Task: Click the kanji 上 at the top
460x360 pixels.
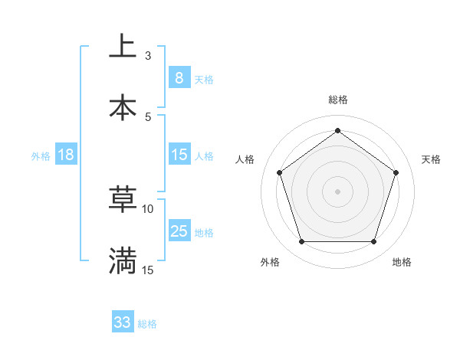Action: pos(123,47)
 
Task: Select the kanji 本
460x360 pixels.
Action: pos(123,107)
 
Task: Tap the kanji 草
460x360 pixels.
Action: pos(123,200)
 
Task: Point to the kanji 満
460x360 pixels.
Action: pos(123,261)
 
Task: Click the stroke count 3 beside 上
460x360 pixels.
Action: pos(148,55)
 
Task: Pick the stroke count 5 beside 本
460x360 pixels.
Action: pos(148,116)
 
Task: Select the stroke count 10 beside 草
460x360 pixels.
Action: pos(148,208)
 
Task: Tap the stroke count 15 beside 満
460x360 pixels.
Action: pos(148,270)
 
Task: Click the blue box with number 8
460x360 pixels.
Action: pos(179,77)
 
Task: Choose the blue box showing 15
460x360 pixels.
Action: pos(179,155)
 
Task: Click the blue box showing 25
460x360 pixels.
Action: pos(179,231)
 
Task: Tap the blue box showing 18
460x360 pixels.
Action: pos(66,155)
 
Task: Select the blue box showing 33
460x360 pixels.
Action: pos(123,322)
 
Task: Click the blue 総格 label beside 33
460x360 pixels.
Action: pos(147,324)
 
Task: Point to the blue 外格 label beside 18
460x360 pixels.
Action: pos(41,155)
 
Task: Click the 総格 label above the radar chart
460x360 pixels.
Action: pos(337,100)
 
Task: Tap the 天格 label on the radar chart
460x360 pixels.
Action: pos(431,159)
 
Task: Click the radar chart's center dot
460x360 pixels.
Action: pos(337,191)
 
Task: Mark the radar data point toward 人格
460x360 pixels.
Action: pos(279,172)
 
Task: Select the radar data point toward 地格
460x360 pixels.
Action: pos(373,241)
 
